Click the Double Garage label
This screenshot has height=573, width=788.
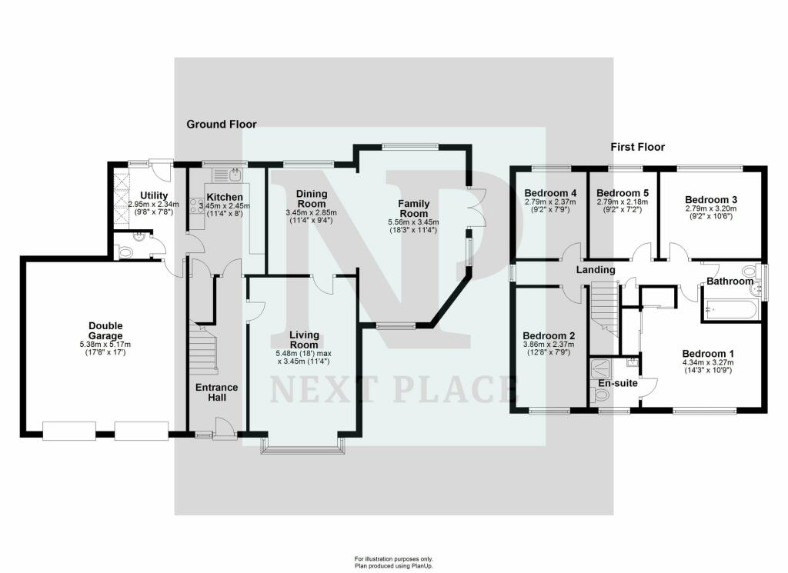point(105,331)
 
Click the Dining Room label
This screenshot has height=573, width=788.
point(307,198)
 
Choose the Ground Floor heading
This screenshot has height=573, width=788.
point(222,124)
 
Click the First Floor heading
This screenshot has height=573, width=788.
point(637,146)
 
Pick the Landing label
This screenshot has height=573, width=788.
point(596,270)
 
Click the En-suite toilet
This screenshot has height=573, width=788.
point(600,395)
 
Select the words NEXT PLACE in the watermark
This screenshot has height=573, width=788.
point(392,390)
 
